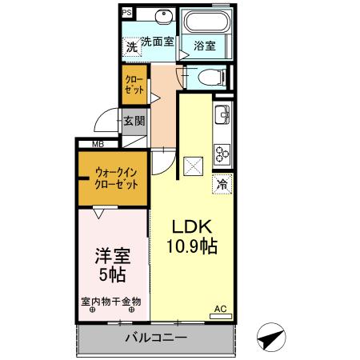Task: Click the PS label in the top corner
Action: [126, 13]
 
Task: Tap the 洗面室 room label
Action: [158, 42]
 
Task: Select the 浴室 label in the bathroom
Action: [205, 46]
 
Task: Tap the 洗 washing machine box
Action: [131, 47]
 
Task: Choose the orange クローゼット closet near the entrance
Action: [134, 86]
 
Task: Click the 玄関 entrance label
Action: [134, 121]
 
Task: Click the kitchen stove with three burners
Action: [222, 151]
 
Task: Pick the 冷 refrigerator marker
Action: [222, 185]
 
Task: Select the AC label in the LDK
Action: [219, 306]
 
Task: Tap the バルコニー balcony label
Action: [156, 338]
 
